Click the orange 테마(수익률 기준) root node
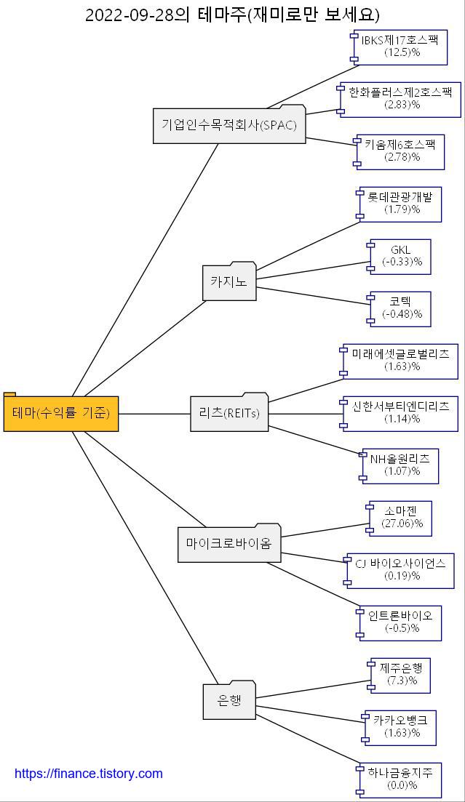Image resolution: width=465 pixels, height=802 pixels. (x=61, y=413)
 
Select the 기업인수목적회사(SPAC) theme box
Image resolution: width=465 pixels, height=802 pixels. (x=229, y=125)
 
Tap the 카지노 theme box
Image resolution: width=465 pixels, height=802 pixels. (x=229, y=281)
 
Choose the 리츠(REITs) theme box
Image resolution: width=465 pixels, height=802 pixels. (x=229, y=413)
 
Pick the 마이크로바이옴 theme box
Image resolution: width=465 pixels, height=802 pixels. (x=229, y=543)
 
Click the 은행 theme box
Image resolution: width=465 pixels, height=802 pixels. (x=229, y=701)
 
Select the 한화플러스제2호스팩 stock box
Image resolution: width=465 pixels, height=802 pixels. (x=400, y=99)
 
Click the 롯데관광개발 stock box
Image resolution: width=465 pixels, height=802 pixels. (x=400, y=204)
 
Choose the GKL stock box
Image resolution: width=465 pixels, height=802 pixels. (x=401, y=256)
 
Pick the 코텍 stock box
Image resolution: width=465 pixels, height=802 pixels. (x=401, y=308)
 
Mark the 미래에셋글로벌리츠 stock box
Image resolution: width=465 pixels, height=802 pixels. (x=400, y=361)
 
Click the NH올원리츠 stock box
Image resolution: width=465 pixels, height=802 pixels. (x=400, y=465)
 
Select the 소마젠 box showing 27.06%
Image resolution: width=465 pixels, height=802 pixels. (x=401, y=518)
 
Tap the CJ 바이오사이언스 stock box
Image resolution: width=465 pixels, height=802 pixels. (x=401, y=570)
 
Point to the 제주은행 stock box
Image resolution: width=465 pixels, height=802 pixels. (x=400, y=675)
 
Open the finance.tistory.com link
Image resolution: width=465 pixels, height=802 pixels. (x=89, y=774)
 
